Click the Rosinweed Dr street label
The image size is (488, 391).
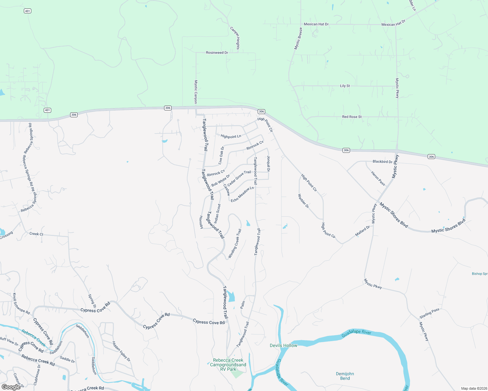pos(217,52)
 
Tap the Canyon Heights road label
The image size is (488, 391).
pos(235,38)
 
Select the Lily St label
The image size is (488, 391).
pos(345,86)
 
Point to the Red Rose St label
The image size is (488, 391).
pos(352,117)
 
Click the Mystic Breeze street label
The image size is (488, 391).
pos(298,38)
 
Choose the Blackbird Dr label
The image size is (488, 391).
pos(382,162)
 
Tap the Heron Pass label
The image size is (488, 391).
pos(378,178)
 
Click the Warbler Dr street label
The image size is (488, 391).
pos(303,201)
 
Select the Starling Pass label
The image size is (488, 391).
pos(429,313)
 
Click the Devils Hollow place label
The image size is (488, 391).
pos(283,345)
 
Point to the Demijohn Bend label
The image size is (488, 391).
pos(345,376)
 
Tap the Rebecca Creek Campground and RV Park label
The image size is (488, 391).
pos(228,365)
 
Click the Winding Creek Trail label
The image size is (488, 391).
pos(235,244)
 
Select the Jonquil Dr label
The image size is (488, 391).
pos(268,164)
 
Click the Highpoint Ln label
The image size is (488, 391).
pos(231,136)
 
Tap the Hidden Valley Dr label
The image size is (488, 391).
pos(121,351)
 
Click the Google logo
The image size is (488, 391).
pos(11,387)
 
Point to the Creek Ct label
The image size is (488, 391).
pos(36,234)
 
